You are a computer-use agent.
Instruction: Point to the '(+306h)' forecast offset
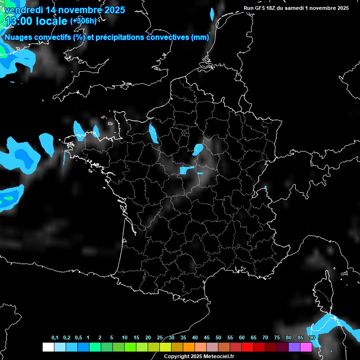click(x=83, y=21)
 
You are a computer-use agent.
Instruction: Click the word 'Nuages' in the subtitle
click(x=20, y=37)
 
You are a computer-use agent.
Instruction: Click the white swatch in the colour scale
click(x=48, y=347)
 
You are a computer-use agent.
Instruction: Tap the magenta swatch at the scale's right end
click(x=306, y=347)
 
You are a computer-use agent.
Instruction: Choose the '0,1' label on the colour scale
click(x=55, y=338)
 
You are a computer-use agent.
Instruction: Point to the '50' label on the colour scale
click(x=218, y=338)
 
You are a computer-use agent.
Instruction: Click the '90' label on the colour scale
click(x=312, y=338)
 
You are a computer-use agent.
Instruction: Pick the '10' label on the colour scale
click(x=125, y=338)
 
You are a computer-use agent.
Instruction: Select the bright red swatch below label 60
click(x=247, y=347)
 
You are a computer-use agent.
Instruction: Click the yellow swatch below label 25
click(x=165, y=347)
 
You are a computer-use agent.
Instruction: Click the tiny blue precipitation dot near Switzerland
click(x=265, y=187)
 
